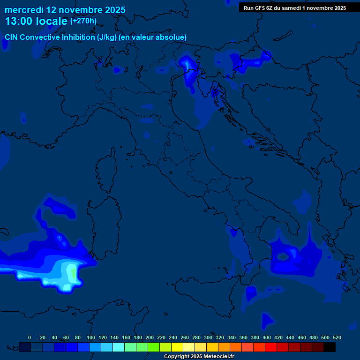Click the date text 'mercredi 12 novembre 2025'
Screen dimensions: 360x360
[65, 9]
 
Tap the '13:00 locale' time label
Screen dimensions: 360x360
[36, 21]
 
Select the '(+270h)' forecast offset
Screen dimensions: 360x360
[83, 21]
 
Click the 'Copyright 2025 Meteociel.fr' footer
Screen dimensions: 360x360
[199, 356]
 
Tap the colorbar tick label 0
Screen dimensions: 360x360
[30, 337]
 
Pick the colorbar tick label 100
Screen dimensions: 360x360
[90, 337]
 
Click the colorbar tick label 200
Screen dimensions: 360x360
[150, 337]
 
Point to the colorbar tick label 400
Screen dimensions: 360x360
[267, 337]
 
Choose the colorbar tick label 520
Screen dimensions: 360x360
[337, 337]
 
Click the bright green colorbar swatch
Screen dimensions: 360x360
[154, 347]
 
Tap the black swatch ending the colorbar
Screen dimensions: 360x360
[330, 347]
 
